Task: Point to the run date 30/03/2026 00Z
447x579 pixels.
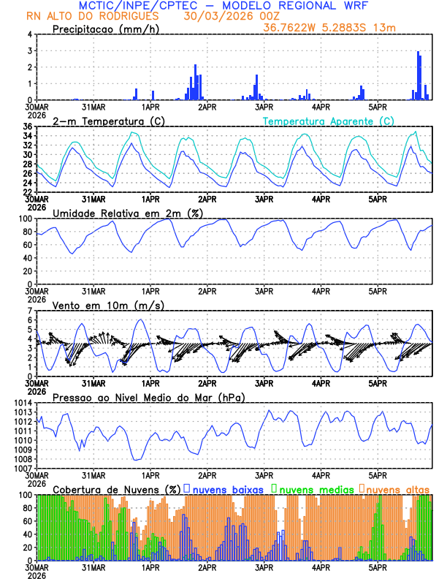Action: [x=232, y=15]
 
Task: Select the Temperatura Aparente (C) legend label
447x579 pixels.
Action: [x=328, y=121]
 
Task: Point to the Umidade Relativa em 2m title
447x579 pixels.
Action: [x=129, y=213]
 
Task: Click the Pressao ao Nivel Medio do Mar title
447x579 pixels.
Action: [x=148, y=397]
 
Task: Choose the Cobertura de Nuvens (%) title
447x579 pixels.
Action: [x=116, y=488]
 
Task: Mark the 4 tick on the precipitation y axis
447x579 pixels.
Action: [x=29, y=34]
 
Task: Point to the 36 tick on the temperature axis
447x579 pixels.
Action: [x=27, y=126]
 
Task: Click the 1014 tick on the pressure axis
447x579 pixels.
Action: [x=23, y=403]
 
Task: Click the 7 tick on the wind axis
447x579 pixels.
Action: [x=29, y=311]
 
